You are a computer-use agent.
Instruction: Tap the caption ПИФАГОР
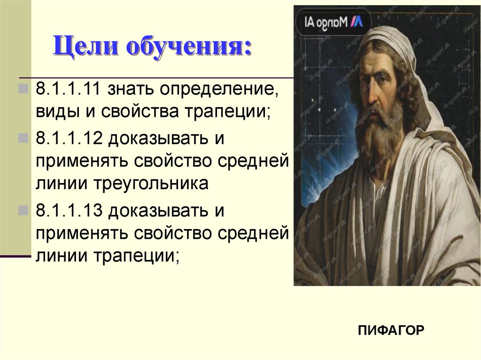click(x=391, y=330)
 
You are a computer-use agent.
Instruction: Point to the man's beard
click(x=378, y=136)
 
